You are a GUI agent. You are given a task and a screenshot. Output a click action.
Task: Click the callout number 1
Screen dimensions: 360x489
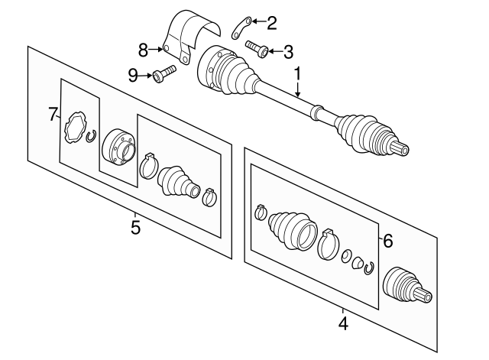click(x=297, y=75)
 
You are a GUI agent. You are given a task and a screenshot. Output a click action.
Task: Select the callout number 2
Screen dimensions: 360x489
click(x=271, y=23)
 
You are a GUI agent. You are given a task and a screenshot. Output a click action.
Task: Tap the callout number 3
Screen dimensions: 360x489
click(x=287, y=52)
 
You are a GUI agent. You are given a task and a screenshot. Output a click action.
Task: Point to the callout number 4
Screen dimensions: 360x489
click(x=343, y=324)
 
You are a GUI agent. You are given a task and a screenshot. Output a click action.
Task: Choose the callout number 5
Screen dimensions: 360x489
click(x=135, y=228)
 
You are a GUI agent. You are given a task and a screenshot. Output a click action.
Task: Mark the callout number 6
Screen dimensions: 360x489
click(x=387, y=242)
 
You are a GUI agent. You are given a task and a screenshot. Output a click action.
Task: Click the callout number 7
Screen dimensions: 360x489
click(x=53, y=115)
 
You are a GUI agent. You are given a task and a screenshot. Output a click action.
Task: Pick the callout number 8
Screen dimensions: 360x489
click(x=143, y=50)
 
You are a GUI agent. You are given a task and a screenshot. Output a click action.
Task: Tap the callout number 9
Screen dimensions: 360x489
click(x=132, y=75)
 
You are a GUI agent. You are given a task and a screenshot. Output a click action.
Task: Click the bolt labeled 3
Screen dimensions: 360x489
click(x=256, y=50)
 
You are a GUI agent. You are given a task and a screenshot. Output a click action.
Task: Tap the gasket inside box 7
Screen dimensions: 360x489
click(x=76, y=127)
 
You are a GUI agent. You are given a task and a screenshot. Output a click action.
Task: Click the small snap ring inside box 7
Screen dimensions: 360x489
click(x=91, y=137)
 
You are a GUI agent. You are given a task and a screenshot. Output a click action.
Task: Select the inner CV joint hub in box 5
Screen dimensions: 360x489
click(x=118, y=145)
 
